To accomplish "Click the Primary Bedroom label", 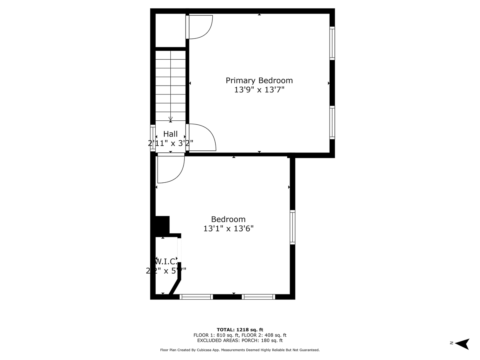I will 259,80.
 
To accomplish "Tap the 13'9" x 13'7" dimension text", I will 259,90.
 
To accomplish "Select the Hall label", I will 170,134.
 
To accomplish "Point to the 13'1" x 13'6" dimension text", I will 228,229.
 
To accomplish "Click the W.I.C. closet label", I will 166,261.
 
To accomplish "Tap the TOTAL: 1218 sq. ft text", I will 240,330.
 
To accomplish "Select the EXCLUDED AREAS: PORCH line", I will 240,341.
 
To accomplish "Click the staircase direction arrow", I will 170,119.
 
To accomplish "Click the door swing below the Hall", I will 170,168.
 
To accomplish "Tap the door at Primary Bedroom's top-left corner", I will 200,27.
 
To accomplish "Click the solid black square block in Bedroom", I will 162,225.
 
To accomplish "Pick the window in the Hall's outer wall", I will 152,138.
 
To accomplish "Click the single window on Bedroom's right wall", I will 292,227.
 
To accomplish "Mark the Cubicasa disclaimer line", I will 240,350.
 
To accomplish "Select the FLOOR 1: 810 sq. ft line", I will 240,335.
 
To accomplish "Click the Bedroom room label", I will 228,219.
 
